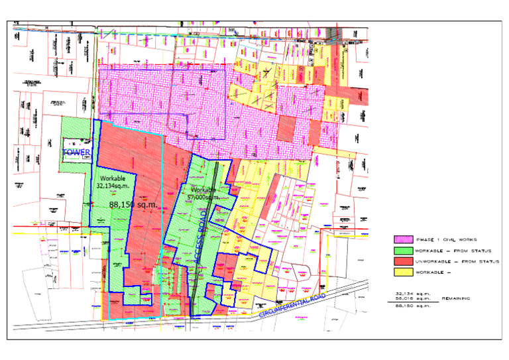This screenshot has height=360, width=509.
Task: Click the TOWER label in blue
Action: tap(76, 153)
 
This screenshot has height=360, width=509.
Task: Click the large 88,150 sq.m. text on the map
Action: tap(133, 205)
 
